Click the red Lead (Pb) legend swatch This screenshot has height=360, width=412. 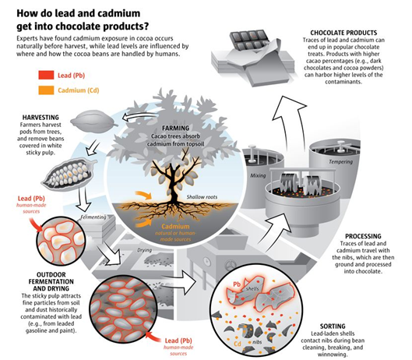[46, 76]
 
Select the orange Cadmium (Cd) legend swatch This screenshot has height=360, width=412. [46, 90]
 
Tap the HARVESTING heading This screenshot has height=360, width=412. [40, 118]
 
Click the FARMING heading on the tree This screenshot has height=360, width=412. [175, 128]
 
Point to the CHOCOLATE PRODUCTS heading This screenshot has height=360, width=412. [343, 33]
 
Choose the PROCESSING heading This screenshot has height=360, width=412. [363, 236]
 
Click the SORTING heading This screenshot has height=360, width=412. [333, 326]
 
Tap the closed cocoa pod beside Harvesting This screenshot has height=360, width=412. [93, 121]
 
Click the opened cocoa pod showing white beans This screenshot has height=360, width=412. [69, 173]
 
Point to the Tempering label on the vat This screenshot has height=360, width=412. [341, 162]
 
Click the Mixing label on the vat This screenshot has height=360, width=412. [258, 175]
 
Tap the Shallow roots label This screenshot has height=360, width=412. [202, 197]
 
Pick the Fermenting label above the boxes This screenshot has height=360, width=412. [93, 217]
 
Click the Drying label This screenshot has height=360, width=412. [145, 250]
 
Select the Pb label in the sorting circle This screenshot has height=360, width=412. [237, 284]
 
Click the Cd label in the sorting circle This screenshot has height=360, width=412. [238, 344]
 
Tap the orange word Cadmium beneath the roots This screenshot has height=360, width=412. [175, 227]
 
